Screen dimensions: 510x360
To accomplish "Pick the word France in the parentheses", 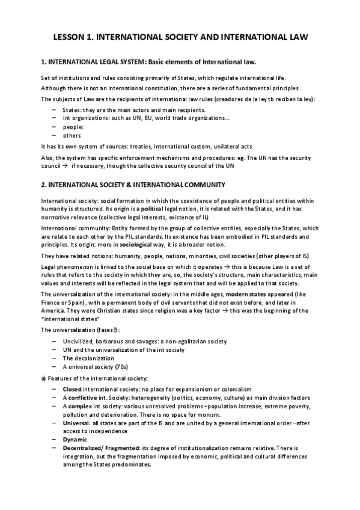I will click(x=51, y=303).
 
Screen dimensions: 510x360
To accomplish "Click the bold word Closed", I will click(x=74, y=390).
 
